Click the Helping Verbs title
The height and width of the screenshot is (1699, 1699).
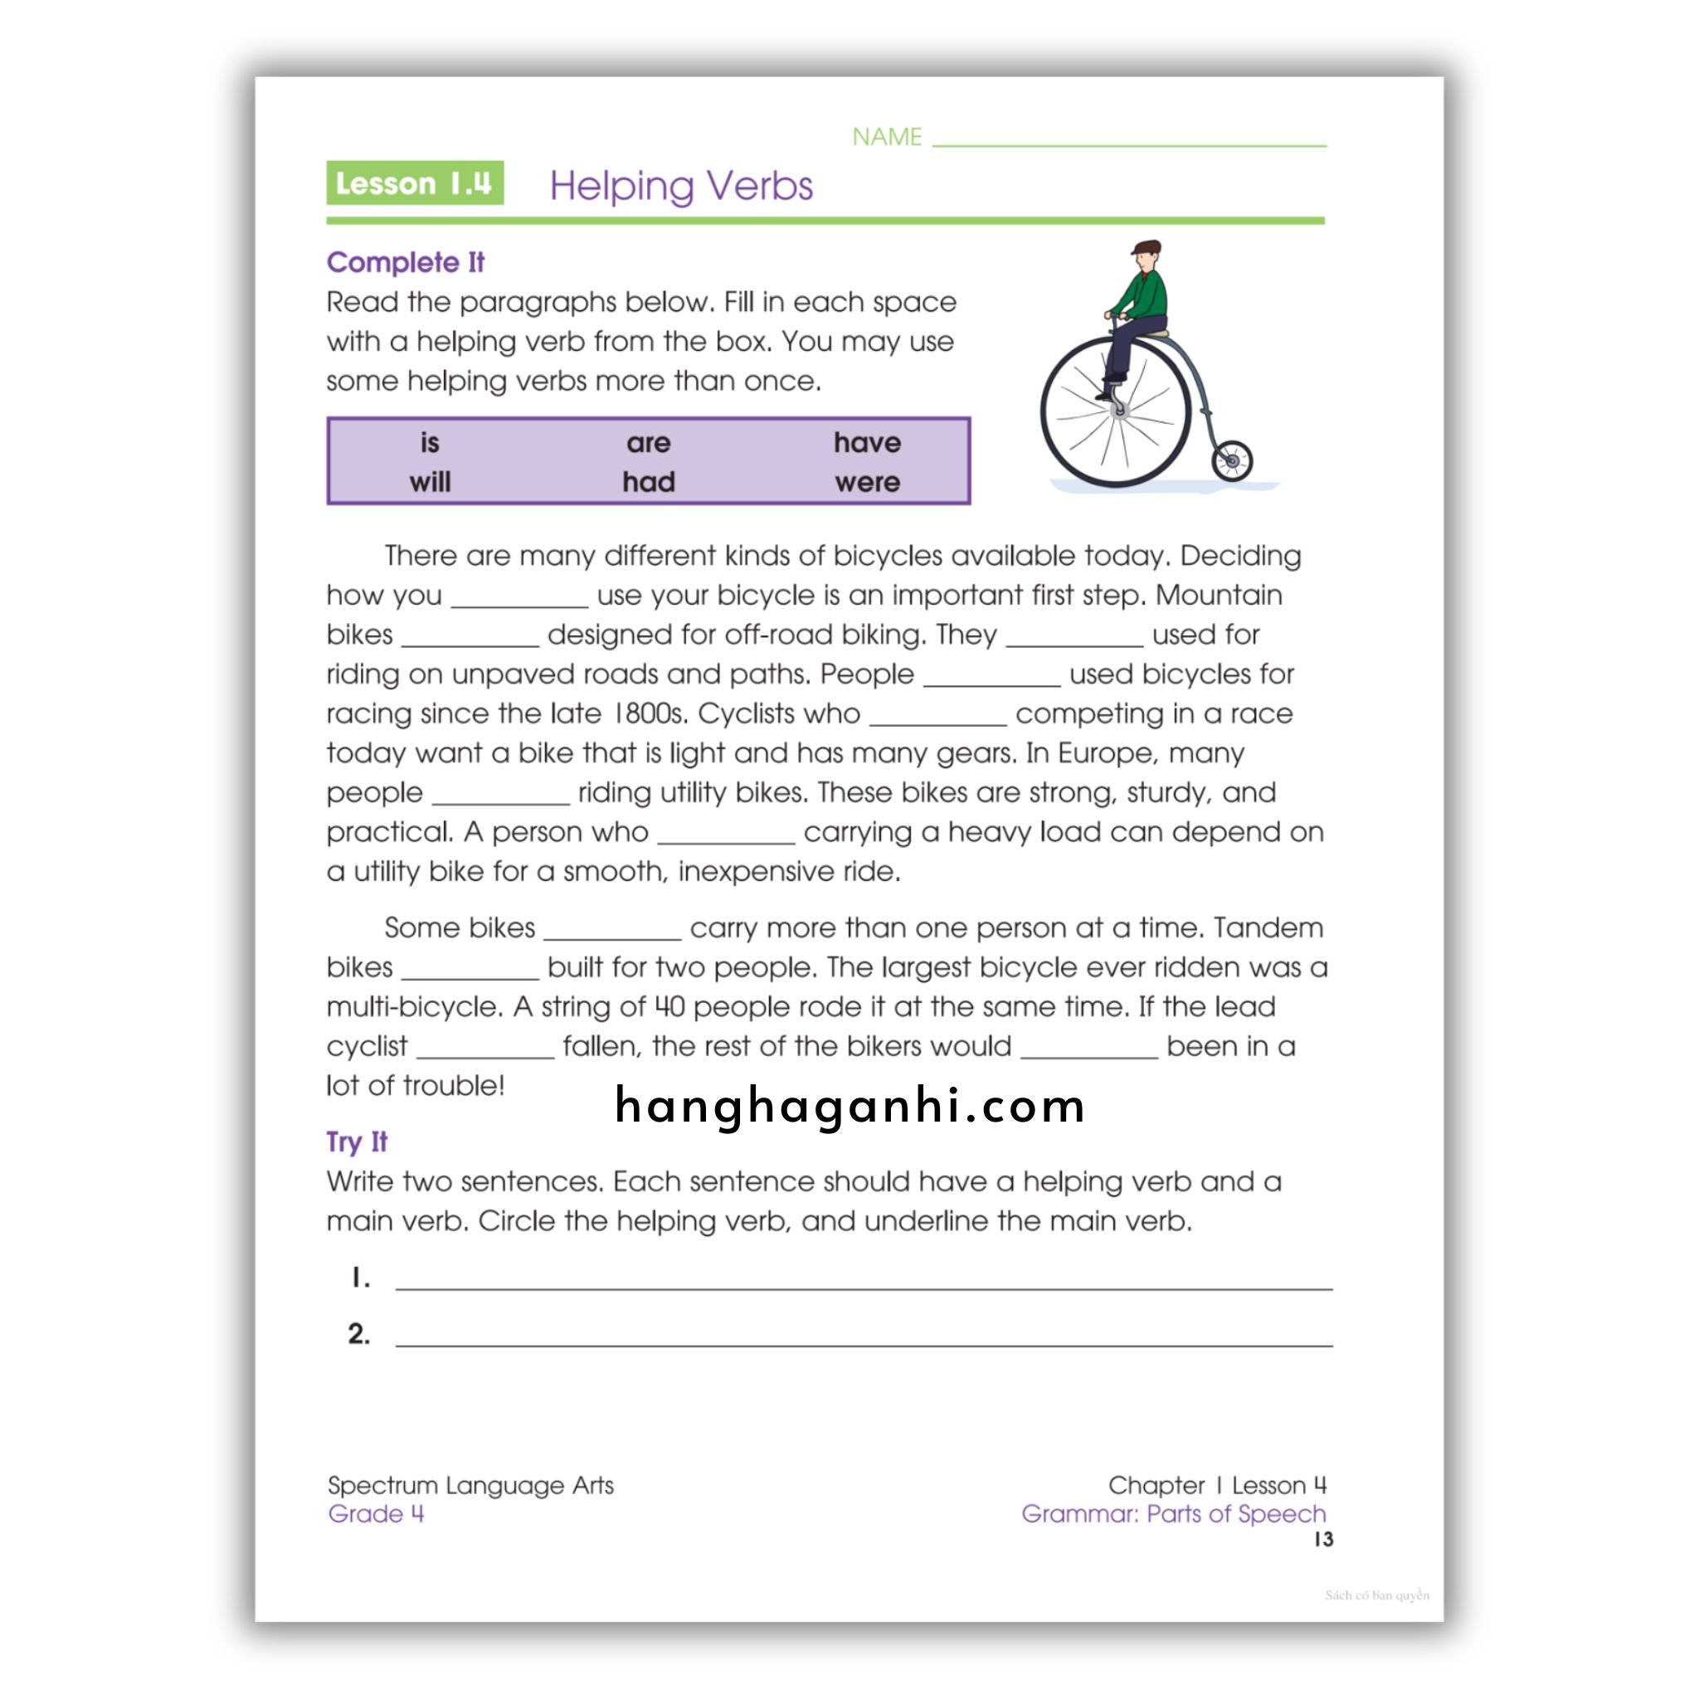click(x=680, y=186)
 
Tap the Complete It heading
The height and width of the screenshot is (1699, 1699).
click(x=406, y=262)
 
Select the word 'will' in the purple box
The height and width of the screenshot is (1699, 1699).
click(x=429, y=482)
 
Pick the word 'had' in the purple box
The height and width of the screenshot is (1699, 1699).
click(x=648, y=482)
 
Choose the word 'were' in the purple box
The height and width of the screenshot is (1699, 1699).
click(x=867, y=482)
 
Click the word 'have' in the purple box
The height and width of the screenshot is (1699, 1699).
click(x=867, y=442)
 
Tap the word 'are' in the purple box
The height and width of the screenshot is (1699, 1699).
click(x=648, y=442)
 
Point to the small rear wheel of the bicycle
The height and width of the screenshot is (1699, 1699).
click(x=1231, y=460)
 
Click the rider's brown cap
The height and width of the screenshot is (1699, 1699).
click(x=1146, y=248)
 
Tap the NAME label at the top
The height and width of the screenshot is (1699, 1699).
click(x=887, y=137)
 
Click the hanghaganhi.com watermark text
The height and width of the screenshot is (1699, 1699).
click(x=849, y=1105)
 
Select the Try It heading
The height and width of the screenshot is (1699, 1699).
click(x=356, y=1142)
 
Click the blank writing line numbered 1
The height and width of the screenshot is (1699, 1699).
click(x=864, y=1279)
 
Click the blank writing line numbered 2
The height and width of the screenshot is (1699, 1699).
click(x=864, y=1336)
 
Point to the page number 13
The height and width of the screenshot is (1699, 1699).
click(x=1323, y=1539)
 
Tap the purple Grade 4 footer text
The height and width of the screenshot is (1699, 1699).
click(x=376, y=1513)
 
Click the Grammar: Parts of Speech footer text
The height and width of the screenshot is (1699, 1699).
click(x=1173, y=1513)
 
